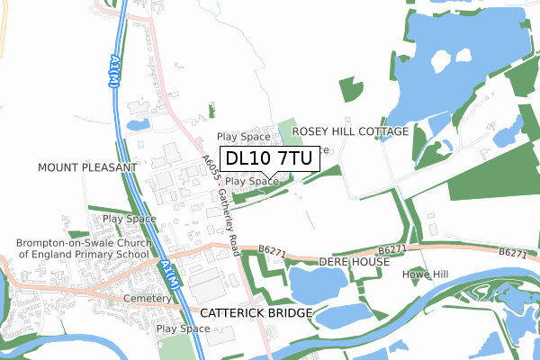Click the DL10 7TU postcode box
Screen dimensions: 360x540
pyautogui.click(x=268, y=158)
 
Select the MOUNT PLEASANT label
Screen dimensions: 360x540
pyautogui.click(x=87, y=168)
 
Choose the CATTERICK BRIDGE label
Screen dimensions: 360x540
pyautogui.click(x=256, y=313)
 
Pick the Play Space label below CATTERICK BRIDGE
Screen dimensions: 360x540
pyautogui.click(x=184, y=329)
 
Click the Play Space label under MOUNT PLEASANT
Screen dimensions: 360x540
pyautogui.click(x=130, y=219)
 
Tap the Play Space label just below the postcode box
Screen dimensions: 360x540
pyautogui.click(x=251, y=182)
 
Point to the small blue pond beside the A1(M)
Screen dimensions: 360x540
pyautogui.click(x=139, y=124)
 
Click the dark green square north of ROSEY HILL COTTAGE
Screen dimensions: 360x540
pyautogui.click(x=350, y=89)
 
